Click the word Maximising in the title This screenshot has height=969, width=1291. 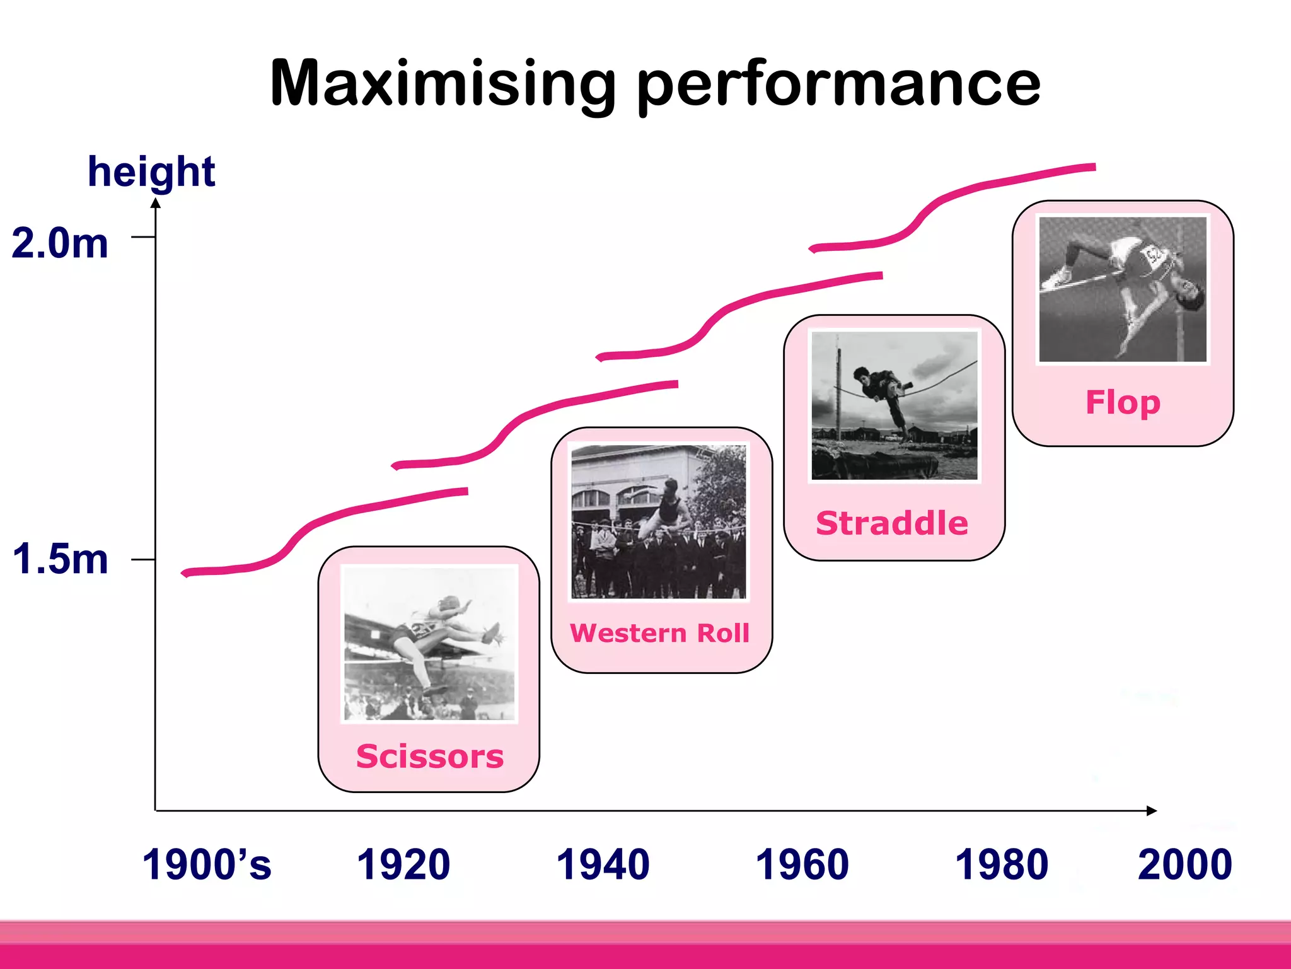[x=441, y=84]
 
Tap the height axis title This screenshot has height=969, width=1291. [x=151, y=171]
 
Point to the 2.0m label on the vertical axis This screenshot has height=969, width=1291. [x=60, y=243]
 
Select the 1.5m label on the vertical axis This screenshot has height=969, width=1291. [x=60, y=559]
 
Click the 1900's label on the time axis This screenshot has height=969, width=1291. [x=207, y=864]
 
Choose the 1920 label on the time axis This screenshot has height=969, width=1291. [x=403, y=864]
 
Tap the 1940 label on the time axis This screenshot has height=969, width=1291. [x=603, y=864]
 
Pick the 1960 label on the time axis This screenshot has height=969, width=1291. [x=802, y=864]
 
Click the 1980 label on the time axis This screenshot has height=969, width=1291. [x=1002, y=864]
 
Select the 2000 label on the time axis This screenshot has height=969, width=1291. [x=1185, y=864]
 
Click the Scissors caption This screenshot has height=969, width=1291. [x=430, y=756]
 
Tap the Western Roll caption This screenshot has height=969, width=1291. [x=660, y=633]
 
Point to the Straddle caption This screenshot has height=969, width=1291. [x=892, y=523]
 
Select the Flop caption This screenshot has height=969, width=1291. [x=1123, y=402]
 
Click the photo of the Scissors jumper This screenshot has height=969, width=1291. [x=429, y=644]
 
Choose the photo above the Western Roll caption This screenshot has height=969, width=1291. [x=659, y=521]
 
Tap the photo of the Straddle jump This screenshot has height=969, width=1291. [x=894, y=405]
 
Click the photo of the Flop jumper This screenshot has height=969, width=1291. [x=1123, y=289]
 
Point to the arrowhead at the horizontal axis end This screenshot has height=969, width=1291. [x=1152, y=811]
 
